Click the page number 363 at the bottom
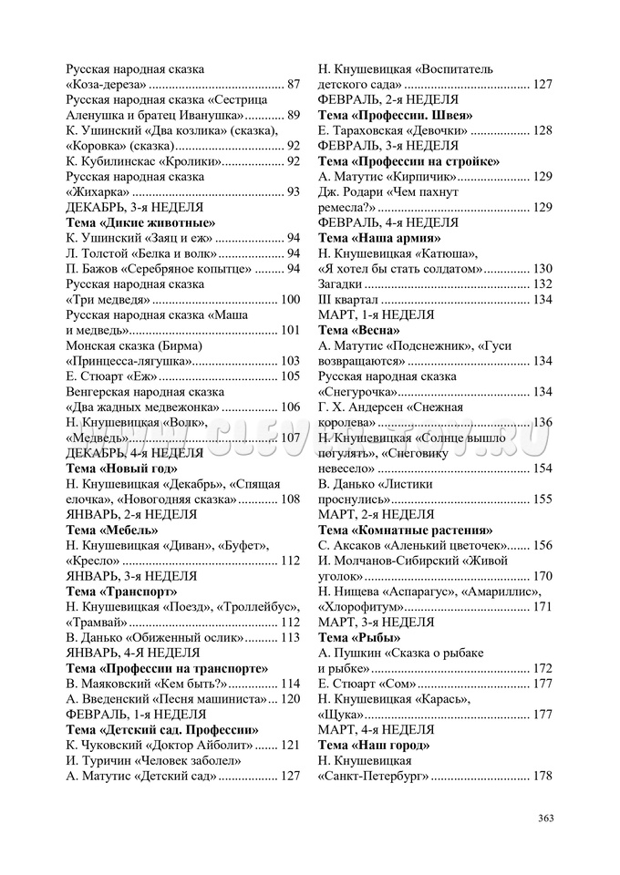(x=545, y=818)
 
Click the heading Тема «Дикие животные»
(x=140, y=222)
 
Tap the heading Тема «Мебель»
(x=112, y=530)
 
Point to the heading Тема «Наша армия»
(x=377, y=238)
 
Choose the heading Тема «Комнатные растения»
(x=405, y=530)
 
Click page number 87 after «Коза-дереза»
(x=293, y=84)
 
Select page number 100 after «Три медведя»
(x=290, y=299)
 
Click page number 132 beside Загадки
(x=542, y=284)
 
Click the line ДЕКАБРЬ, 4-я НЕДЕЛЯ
(x=134, y=452)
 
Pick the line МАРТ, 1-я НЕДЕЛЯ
(x=376, y=314)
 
